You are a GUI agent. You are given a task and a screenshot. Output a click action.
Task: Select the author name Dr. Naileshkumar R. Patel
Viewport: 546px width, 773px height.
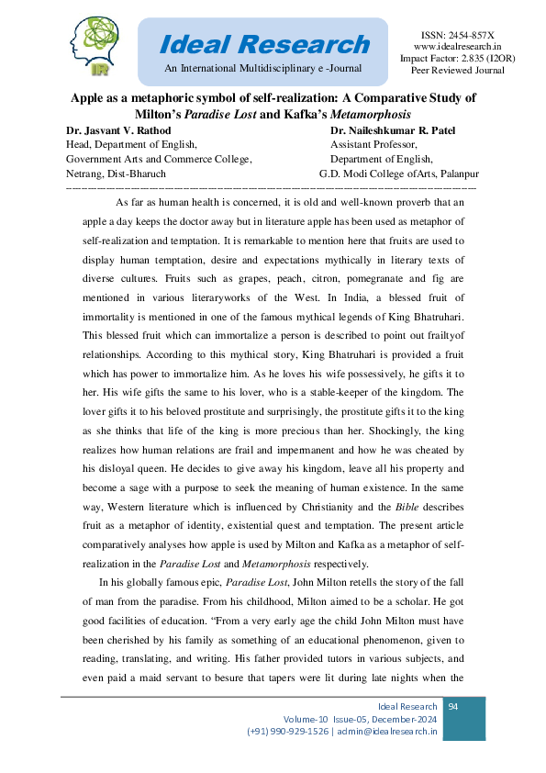click(x=385, y=129)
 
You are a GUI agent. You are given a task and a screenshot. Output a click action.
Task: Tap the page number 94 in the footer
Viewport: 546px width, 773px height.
click(x=452, y=706)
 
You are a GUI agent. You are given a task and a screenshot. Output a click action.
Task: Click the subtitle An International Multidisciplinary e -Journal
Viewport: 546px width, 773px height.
click(x=263, y=69)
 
